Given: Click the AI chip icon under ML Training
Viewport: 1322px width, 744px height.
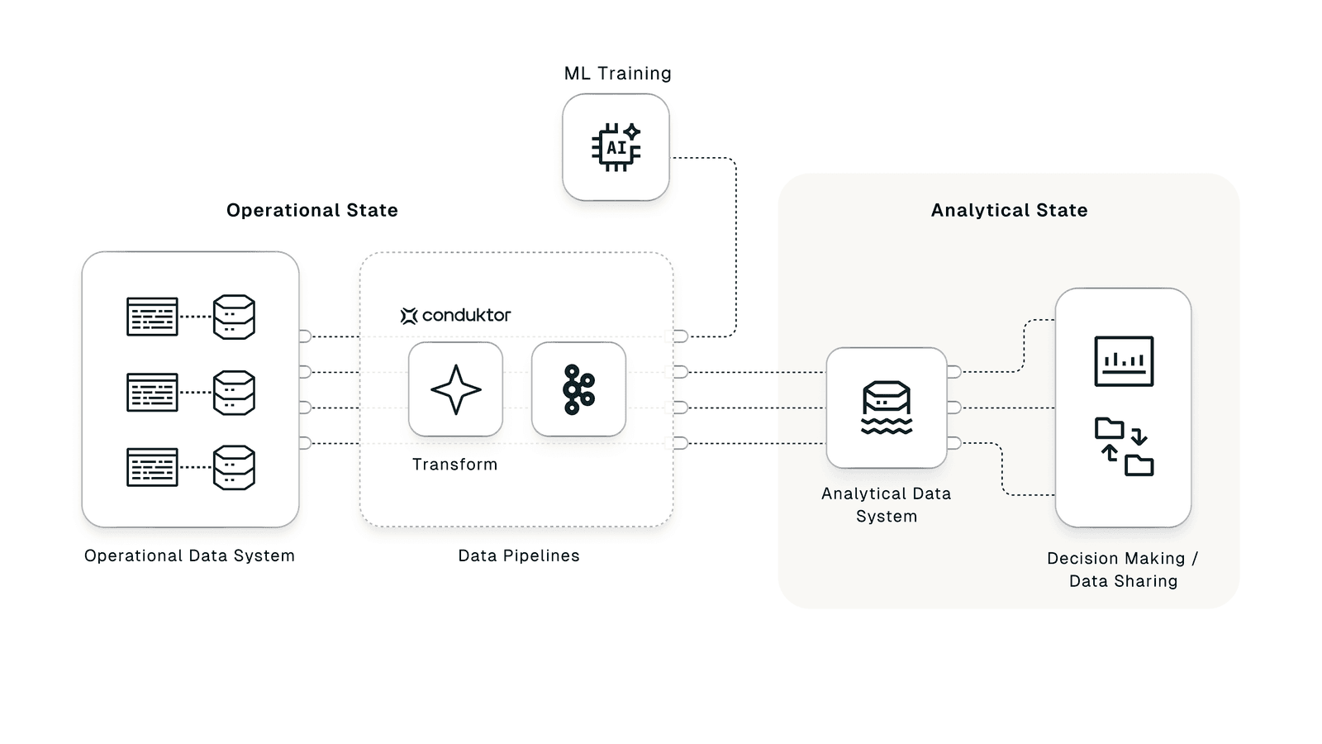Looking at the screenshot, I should coord(616,147).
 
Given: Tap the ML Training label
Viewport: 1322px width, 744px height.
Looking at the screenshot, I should coord(617,74).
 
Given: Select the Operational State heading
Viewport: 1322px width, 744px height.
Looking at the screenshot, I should coord(312,210).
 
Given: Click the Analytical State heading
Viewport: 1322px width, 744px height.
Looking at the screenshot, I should coord(1009,210).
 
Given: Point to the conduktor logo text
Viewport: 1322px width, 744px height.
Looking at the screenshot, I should coord(465,315).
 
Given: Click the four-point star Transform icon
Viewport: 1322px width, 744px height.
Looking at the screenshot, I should coord(455,389).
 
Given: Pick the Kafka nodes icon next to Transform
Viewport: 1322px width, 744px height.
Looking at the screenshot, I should coord(578,389).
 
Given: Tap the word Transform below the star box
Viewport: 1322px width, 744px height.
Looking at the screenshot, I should coord(454,465).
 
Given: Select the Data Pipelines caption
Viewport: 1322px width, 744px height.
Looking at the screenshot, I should coord(519,556).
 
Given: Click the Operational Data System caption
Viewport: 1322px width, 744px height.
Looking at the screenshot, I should coord(189,556).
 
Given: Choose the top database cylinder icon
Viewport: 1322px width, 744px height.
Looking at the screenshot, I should coord(234,317).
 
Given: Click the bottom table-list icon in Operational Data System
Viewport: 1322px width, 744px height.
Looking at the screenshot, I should coord(152,467).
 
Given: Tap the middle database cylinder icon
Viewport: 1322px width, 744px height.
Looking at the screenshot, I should coord(234,392).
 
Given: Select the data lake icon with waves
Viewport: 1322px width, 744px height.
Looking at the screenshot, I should coord(887,408).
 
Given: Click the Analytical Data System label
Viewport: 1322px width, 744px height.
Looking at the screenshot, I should coord(886,504).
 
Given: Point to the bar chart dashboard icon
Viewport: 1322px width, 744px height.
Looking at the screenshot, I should coord(1124,361).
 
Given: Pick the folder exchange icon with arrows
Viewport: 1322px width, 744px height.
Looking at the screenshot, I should coord(1124,446).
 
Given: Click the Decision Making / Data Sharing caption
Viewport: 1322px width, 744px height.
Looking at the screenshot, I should coord(1123,570).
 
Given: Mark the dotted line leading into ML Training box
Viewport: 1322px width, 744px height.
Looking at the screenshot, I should coord(735,248).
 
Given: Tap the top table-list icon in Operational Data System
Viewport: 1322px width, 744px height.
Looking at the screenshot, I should coord(152,317).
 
